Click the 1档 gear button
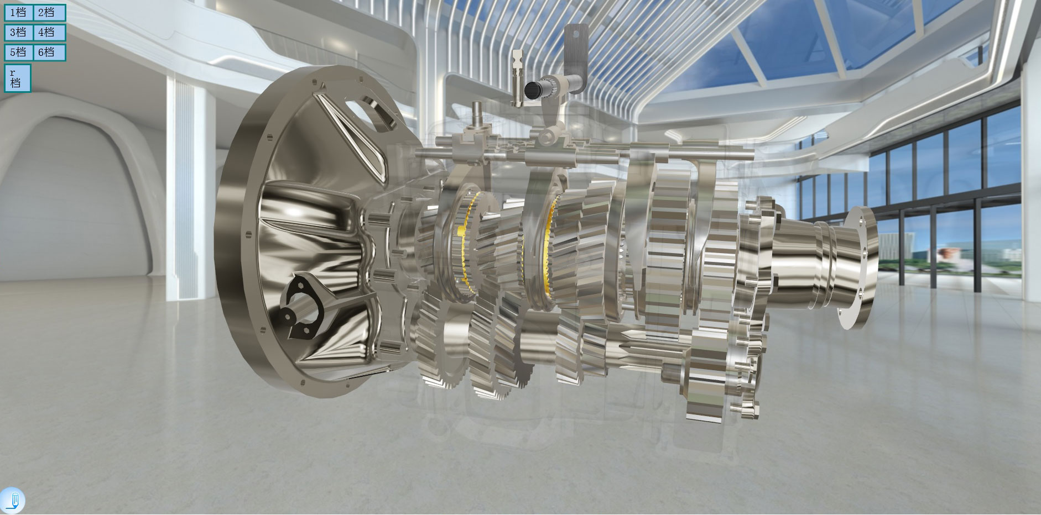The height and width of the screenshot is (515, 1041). pos(19,13)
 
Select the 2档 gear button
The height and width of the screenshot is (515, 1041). pos(49,13)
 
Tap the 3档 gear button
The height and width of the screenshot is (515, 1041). pos(19,33)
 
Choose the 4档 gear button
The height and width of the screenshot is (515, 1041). pos(49,33)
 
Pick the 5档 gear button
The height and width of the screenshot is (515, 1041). pos(19,52)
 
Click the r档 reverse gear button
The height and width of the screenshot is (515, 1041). pos(17,78)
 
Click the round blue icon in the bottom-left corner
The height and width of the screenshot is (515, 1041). pos(12,501)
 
